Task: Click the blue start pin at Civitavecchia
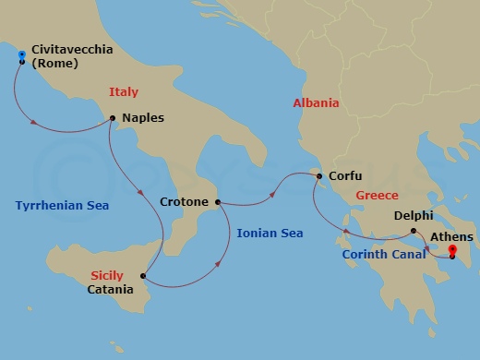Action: pos(21,57)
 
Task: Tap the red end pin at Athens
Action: pos(452,250)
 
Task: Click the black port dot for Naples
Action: pos(112,118)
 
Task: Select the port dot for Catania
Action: pos(142,275)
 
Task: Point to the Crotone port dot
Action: pos(218,201)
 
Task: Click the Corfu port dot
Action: pos(318,176)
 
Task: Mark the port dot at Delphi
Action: pos(414,231)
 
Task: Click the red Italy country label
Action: pos(124,92)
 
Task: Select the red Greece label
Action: pos(377,196)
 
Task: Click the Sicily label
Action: pos(106,275)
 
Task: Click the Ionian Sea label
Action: pos(270,234)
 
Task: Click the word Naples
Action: pos(143,119)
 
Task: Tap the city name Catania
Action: pos(111,290)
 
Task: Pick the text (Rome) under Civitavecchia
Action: pos(54,64)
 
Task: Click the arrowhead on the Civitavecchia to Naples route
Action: pos(34,123)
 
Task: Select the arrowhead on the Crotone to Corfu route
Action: pos(274,195)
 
